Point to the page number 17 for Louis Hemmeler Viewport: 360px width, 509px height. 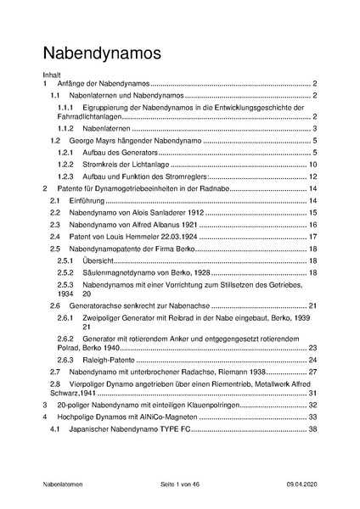(x=312, y=237)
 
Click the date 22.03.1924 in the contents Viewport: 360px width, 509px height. (x=176, y=237)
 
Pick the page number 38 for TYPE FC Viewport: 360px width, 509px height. (x=312, y=430)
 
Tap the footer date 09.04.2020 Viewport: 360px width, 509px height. (x=302, y=484)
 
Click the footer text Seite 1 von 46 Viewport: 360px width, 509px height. (x=180, y=484)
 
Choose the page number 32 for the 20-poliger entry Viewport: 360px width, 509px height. (x=312, y=406)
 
